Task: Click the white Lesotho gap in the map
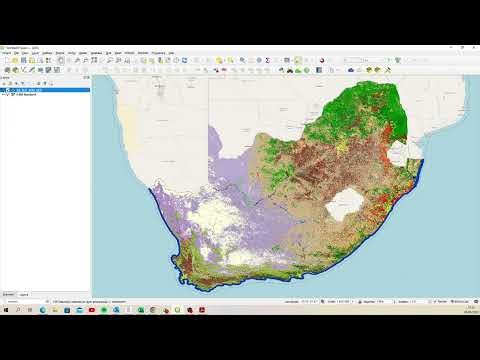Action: click(348, 203)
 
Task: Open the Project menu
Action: click(7, 53)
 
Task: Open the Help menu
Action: click(171, 53)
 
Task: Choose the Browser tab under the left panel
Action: click(8, 293)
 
